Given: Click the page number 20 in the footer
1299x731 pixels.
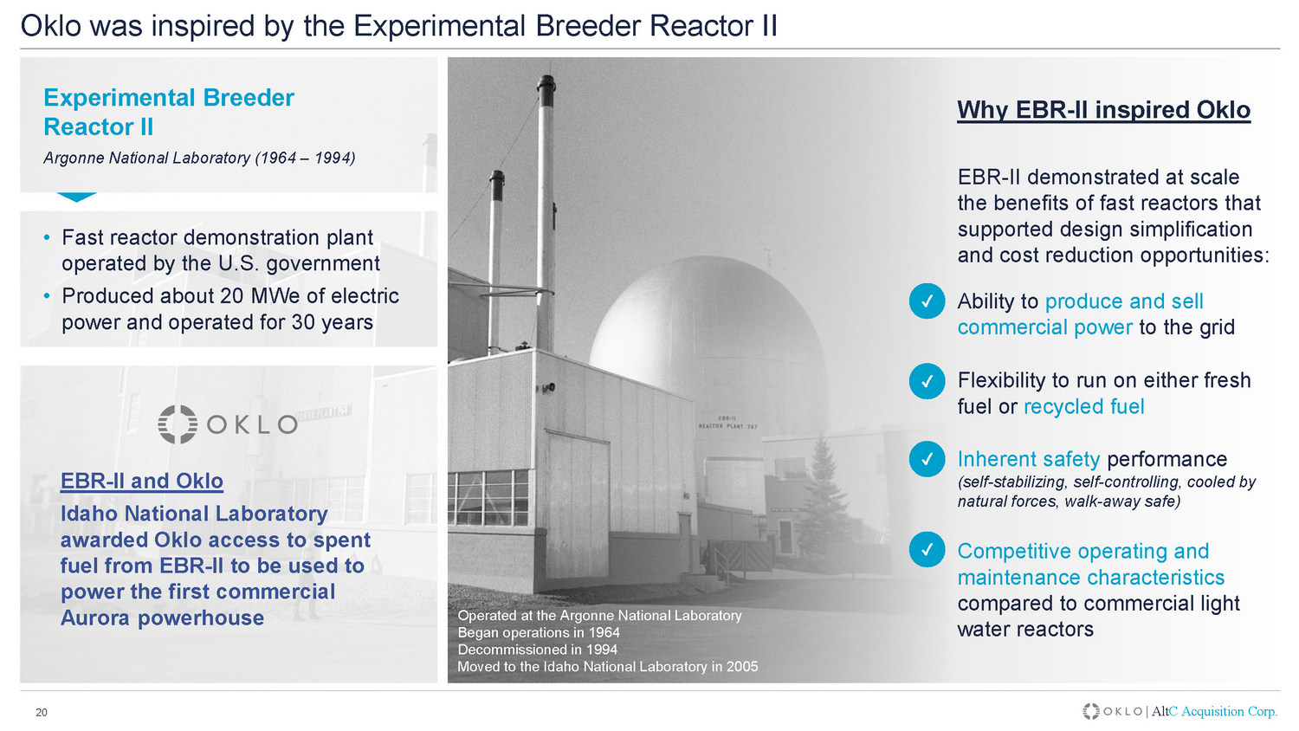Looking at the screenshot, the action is coord(42,713).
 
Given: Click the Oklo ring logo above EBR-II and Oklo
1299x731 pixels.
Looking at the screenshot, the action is coord(178,424).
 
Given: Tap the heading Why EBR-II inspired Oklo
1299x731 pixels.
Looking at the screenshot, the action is coord(1103,110).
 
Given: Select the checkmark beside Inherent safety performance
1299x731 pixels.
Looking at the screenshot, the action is coord(927,459).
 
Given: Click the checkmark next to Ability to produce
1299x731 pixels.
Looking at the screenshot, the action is coord(927,301).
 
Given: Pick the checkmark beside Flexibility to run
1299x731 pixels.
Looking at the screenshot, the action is coord(927,381).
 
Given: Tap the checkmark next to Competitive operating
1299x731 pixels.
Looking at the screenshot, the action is coord(927,549).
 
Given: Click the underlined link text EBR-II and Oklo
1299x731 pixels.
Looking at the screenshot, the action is coord(141,481).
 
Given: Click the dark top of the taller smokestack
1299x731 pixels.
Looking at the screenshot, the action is coord(546,91).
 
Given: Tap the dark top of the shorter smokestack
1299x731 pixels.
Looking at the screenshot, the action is coord(496,184).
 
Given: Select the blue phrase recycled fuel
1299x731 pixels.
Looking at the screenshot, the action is coord(1084,407).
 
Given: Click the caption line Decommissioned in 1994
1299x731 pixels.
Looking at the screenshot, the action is coord(538,650).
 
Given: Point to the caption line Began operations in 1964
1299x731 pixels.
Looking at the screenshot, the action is coord(539,633).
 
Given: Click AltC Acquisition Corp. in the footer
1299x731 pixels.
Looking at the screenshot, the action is coord(1214,711).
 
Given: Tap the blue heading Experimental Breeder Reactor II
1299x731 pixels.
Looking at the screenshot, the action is coord(169,112).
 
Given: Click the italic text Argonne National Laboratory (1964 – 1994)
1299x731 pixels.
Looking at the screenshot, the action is coord(199,158).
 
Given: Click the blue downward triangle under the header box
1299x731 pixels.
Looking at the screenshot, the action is coord(76,196).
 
